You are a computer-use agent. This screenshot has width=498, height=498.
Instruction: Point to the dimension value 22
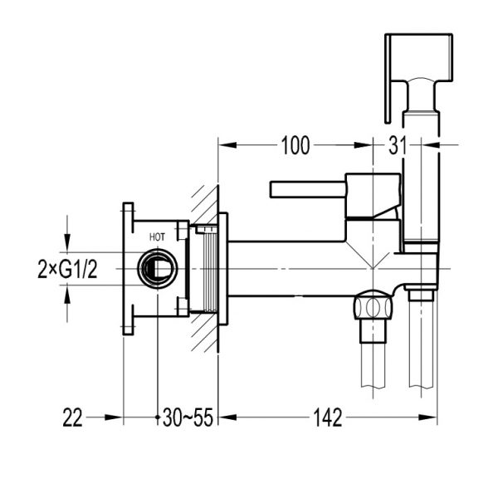coord(74,418)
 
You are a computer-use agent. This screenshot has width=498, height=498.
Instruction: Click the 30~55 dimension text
coord(188,418)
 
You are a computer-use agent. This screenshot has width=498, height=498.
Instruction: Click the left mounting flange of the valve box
coord(128,269)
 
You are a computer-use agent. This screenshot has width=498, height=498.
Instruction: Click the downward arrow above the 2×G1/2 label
coord(66,233)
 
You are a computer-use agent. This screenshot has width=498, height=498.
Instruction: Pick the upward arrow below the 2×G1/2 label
coord(66,304)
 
